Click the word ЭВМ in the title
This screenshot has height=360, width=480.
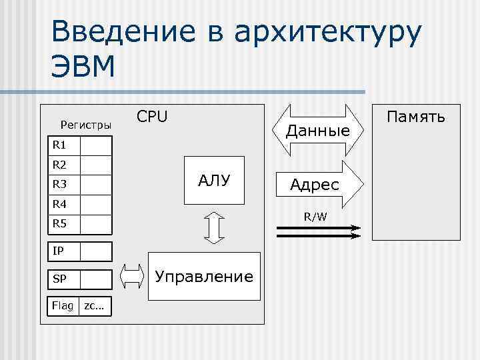(83, 66)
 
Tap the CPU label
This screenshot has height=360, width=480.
(152, 117)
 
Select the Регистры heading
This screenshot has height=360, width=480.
(86, 124)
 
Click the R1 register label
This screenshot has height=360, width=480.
(59, 145)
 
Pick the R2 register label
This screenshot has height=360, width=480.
(59, 164)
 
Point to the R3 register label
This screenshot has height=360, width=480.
(59, 184)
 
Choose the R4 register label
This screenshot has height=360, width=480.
(59, 204)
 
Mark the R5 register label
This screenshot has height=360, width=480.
(59, 224)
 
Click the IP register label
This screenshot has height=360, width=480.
(59, 251)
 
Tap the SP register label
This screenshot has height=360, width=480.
(59, 279)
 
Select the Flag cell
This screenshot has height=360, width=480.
(63, 305)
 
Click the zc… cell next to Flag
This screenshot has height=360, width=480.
(94, 305)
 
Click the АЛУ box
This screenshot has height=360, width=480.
(214, 179)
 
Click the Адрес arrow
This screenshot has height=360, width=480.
(315, 185)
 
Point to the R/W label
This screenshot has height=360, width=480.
(315, 217)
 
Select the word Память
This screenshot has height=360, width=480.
(416, 117)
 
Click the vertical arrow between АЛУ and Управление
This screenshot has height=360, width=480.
(213, 228)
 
